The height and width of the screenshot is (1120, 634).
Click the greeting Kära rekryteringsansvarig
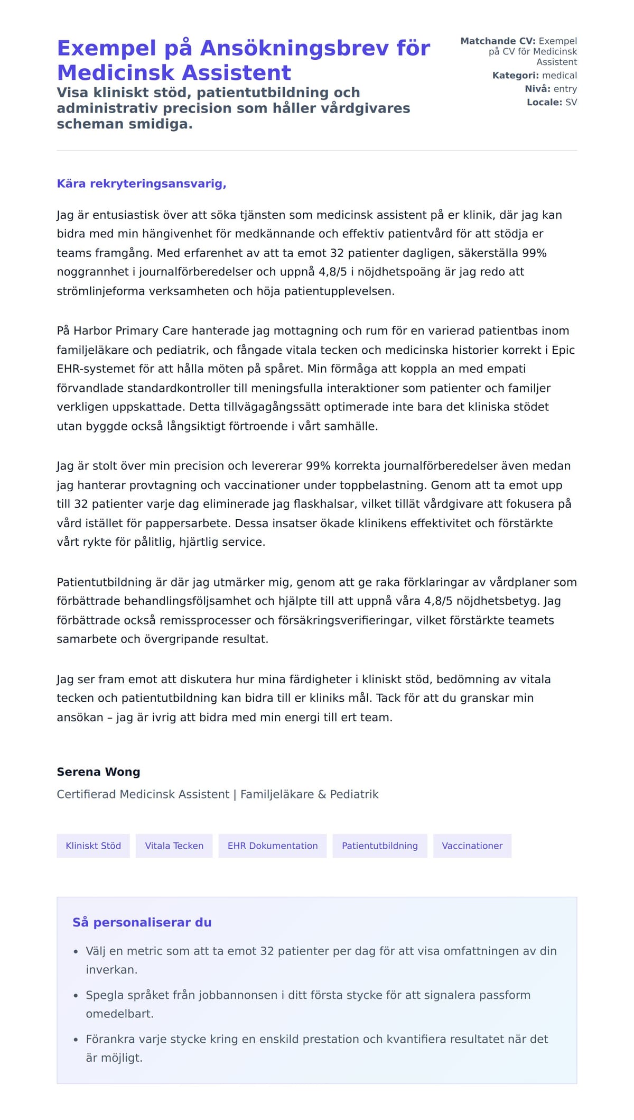141,183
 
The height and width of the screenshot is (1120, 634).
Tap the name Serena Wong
98,772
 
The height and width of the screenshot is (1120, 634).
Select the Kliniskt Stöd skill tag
93,846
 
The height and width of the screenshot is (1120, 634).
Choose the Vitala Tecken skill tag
174,846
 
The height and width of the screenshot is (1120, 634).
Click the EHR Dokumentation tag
272,846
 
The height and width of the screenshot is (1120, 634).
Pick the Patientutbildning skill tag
379,846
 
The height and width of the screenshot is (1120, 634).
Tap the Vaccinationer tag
472,846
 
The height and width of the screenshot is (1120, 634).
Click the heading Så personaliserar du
142,922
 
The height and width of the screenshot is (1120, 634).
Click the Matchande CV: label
498,41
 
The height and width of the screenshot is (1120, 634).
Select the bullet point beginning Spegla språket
307,995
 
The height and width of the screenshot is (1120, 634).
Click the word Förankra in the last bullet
110,1039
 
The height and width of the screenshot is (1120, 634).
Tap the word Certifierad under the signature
87,794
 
